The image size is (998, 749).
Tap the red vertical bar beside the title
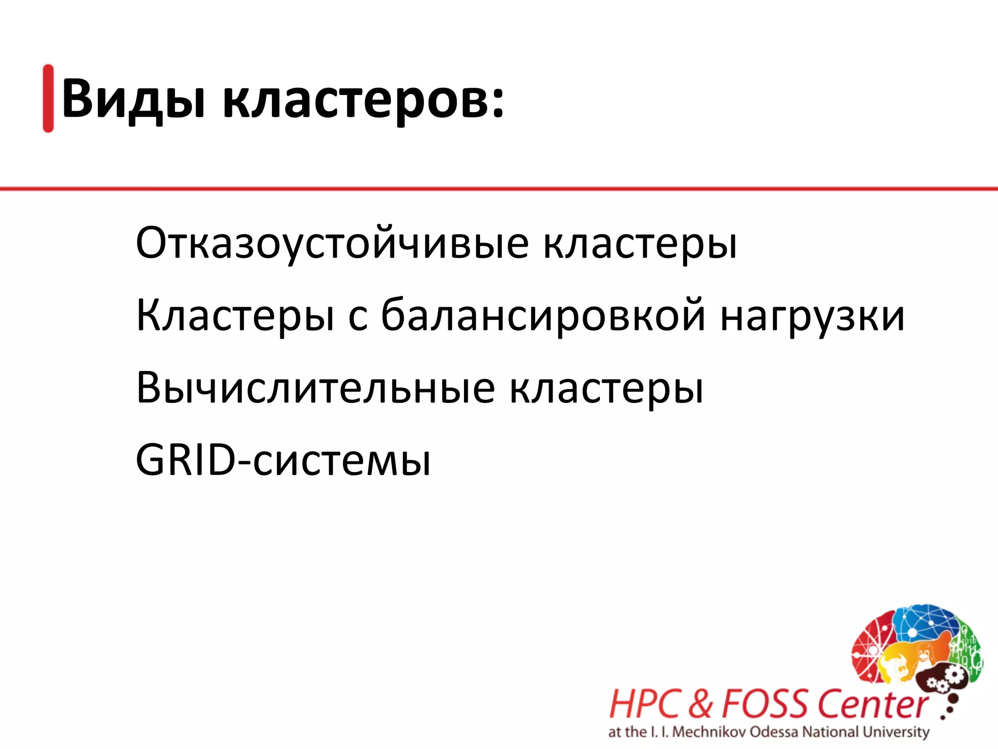coord(48,98)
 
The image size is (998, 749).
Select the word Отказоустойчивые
coord(332,243)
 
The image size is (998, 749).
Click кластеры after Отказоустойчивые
coord(640,243)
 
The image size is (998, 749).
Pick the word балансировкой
coord(543,316)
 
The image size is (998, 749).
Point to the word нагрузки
coord(812,317)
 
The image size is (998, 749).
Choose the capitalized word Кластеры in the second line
coord(235,316)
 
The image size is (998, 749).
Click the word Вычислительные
coord(316,388)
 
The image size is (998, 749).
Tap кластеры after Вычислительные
coord(606,389)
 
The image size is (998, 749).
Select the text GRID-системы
coord(283,460)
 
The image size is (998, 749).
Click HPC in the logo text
coord(644,704)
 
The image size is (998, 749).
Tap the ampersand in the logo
coord(700,704)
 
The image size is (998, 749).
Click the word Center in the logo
coord(872,704)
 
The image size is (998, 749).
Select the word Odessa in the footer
coord(774,732)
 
